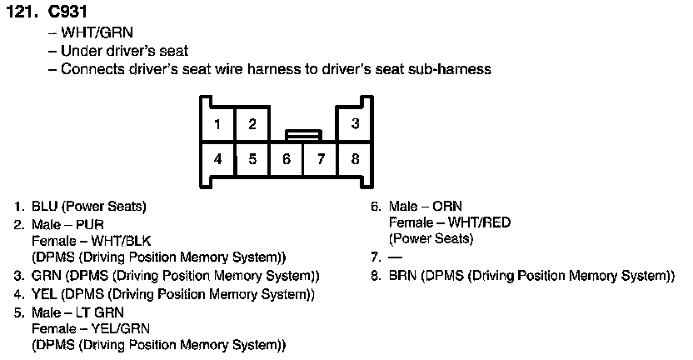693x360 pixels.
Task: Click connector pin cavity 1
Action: click(217, 125)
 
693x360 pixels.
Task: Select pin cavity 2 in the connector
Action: click(252, 125)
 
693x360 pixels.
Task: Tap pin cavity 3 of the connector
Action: click(355, 125)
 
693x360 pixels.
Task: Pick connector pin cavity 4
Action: click(217, 158)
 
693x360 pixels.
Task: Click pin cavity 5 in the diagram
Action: click(252, 158)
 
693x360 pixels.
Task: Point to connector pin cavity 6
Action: click(286, 158)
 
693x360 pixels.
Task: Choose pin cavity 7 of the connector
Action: click(321, 158)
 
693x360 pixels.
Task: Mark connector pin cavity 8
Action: click(355, 158)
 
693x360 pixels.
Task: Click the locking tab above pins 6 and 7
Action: click(303, 133)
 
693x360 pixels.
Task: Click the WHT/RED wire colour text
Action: click(479, 222)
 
